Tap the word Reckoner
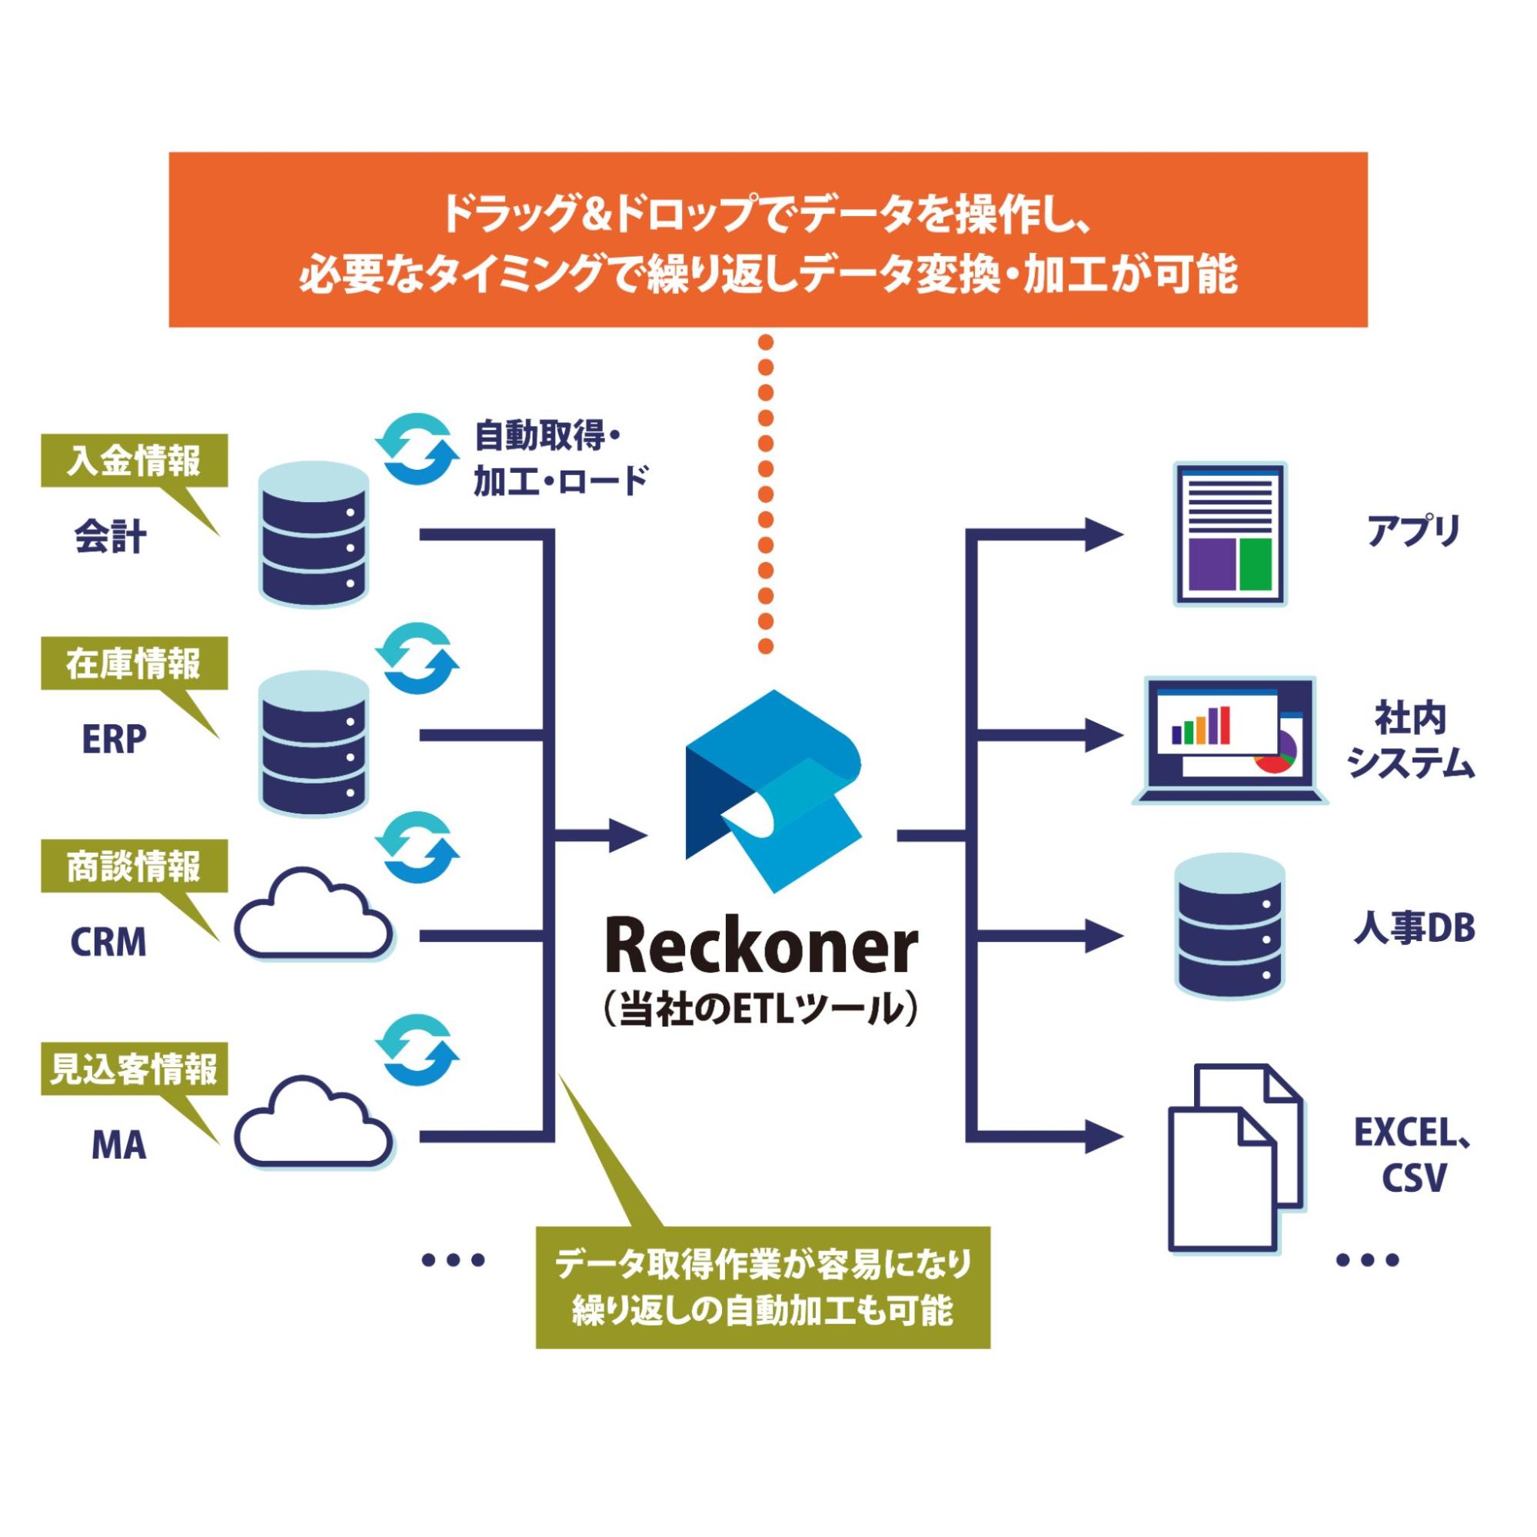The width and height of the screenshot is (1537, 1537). (x=761, y=948)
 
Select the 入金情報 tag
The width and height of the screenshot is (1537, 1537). (x=134, y=461)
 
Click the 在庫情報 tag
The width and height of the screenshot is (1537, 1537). (x=134, y=664)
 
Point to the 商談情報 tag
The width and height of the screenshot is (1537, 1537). (x=134, y=867)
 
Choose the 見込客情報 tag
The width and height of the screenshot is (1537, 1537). (x=134, y=1070)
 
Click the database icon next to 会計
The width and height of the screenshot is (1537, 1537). (x=314, y=537)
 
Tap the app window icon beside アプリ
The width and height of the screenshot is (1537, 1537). (x=1231, y=534)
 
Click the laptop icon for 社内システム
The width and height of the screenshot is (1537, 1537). (x=1229, y=740)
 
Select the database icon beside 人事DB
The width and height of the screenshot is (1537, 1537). (x=1229, y=927)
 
